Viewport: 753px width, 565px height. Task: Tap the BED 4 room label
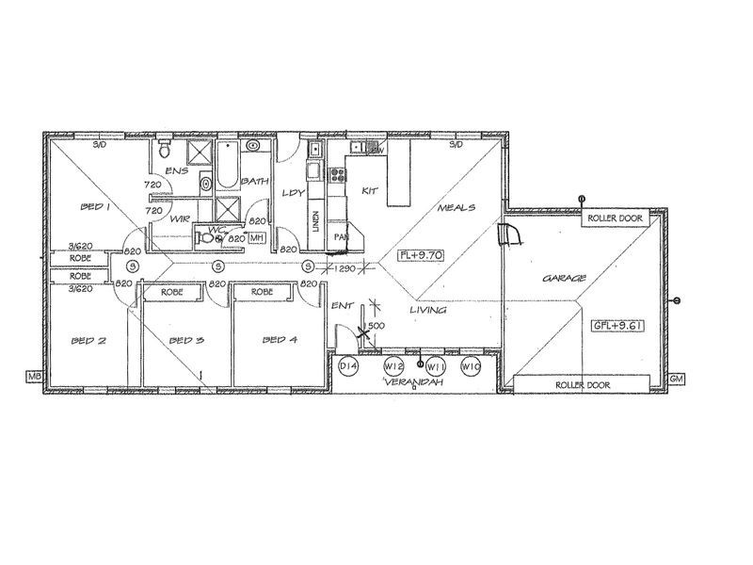tap(280, 340)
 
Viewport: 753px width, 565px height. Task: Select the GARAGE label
tap(566, 279)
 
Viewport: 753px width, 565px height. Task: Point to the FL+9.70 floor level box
tap(420, 255)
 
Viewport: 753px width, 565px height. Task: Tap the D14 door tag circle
tap(349, 366)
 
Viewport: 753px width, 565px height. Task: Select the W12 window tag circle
tap(394, 366)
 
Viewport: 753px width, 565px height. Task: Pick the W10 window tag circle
tap(472, 366)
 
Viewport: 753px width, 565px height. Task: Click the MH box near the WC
tap(256, 238)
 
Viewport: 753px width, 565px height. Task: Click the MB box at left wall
tap(36, 377)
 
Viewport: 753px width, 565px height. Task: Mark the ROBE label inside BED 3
tap(171, 293)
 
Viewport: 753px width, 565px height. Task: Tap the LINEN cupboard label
tap(313, 222)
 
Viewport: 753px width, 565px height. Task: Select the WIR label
tap(181, 218)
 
